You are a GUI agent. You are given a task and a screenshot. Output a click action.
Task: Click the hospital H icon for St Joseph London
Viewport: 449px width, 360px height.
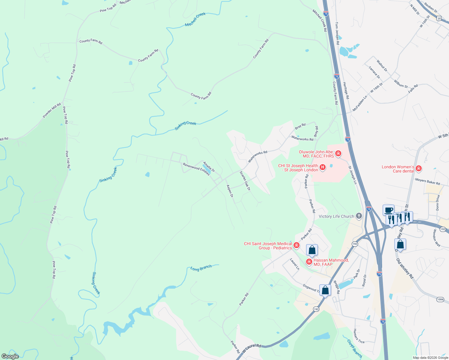point(323,167)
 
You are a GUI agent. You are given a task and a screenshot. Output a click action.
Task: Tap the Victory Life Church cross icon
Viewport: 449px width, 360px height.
point(359,216)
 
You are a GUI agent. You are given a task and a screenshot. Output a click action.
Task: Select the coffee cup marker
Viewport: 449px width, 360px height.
point(388,210)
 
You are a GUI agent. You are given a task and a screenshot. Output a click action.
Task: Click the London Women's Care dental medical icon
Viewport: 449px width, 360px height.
point(419,169)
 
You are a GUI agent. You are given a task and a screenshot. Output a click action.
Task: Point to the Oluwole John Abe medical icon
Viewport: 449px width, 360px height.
point(338,154)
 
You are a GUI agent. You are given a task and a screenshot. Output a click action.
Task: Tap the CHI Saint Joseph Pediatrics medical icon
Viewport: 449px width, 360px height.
point(297,245)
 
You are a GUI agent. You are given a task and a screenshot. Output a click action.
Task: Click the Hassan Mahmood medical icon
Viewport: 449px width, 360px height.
point(309,262)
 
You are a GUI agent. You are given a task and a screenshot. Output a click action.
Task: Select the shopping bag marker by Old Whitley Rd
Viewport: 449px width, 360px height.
point(400,244)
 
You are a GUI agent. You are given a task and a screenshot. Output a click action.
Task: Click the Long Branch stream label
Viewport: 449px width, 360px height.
point(201,268)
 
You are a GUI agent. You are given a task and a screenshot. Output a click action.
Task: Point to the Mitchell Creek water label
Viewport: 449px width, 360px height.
point(195,19)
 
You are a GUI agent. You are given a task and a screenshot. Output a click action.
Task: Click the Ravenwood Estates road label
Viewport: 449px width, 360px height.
point(196,169)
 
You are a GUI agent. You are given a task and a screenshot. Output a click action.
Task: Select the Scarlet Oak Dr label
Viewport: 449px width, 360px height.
point(245,181)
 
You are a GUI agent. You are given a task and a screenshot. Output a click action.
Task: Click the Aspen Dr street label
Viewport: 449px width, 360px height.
point(230,191)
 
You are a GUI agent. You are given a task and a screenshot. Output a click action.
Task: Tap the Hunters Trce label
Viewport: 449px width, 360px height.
point(359,336)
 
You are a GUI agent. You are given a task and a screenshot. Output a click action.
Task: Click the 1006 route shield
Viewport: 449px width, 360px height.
point(440,299)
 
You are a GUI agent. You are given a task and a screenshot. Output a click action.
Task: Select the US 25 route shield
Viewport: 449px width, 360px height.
point(439,19)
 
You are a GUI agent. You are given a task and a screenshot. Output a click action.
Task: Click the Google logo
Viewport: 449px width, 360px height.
point(10,356)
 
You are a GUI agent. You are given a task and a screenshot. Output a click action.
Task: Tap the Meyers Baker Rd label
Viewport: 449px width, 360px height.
point(427,181)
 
